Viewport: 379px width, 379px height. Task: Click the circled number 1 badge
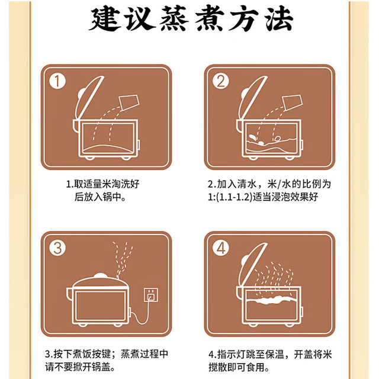57,81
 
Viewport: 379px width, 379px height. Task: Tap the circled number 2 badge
220,81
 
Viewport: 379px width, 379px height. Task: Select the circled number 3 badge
57,248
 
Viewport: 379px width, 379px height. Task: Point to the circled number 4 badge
220,248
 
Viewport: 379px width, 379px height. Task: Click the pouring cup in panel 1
130,102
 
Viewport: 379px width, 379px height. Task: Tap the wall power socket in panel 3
151,295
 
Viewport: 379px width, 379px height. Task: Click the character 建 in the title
105,18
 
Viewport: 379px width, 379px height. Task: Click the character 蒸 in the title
174,18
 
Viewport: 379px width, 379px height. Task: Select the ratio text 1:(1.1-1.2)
230,197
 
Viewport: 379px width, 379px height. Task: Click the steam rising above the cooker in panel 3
122,259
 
